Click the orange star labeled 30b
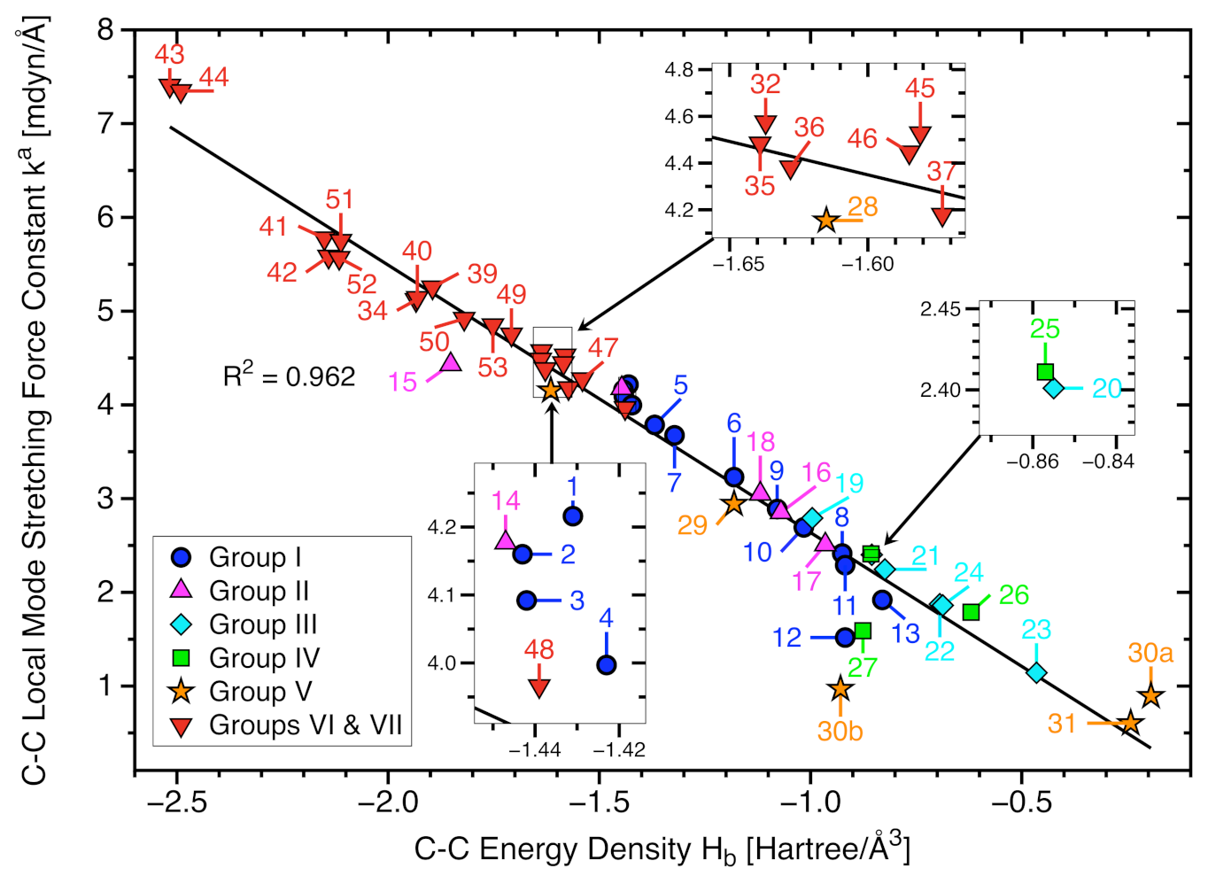coord(840,688)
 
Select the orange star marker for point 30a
coord(1150,695)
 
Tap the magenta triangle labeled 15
coord(451,362)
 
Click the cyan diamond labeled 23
coord(1036,673)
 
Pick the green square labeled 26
coord(972,612)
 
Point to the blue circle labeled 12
coord(845,637)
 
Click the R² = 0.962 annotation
coord(289,376)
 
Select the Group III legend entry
coord(262,624)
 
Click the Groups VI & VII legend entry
coord(305,725)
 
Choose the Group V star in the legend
coord(182,691)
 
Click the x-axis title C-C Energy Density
coord(662,849)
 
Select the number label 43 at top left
coord(169,54)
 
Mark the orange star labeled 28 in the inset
coord(826,220)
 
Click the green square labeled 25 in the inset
coord(1045,371)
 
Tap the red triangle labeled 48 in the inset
coord(538,687)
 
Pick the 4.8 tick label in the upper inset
coord(679,70)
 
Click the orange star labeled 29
coord(733,503)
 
